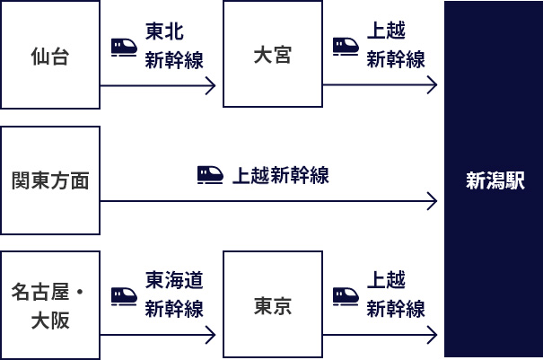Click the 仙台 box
coord(50,55)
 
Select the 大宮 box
coord(272,55)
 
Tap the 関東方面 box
coord(50,180)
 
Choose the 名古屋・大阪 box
coord(50,305)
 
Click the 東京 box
coord(272,305)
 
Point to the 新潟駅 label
coord(495,180)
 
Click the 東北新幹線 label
coord(174,45)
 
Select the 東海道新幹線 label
coord(174,295)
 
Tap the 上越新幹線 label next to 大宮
coord(396,45)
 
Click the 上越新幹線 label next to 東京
coord(396,295)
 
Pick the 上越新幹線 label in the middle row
coord(281,175)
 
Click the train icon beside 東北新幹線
coord(124,46)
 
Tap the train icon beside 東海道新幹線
coord(124,295)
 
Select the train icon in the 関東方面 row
coord(210,175)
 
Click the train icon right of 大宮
coord(346,46)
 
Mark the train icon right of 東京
coord(346,295)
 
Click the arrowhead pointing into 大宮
coord(212,86)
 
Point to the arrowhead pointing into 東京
coord(212,338)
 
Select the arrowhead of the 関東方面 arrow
coord(434,201)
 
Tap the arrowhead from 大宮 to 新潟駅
coord(434,86)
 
